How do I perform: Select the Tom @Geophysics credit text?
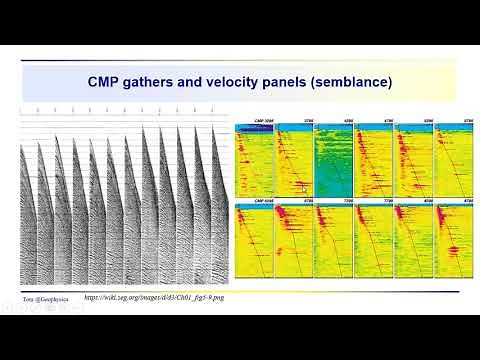(47, 297)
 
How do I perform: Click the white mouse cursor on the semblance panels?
(303, 186)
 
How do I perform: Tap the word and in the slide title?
(197, 80)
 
